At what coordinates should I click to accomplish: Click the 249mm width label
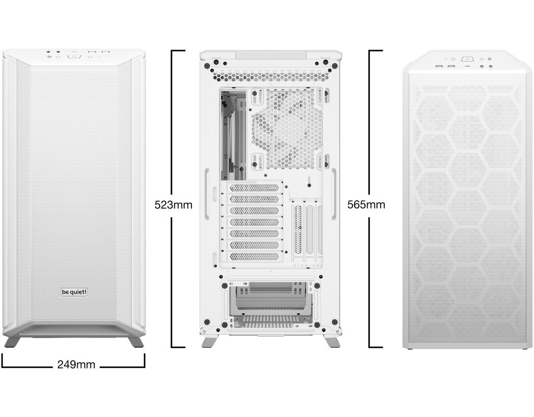[x=76, y=364]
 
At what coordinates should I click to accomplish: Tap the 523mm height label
[x=173, y=204]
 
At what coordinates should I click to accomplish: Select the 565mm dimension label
[x=367, y=204]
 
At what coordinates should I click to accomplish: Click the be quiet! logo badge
[x=74, y=292]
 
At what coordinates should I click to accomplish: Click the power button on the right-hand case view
[x=466, y=59]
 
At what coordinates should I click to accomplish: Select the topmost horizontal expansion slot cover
[x=254, y=188]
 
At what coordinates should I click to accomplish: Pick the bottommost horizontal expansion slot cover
[x=254, y=256]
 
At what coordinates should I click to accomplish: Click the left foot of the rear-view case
[x=208, y=342]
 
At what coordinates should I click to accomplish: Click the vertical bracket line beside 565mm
[x=370, y=199]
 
